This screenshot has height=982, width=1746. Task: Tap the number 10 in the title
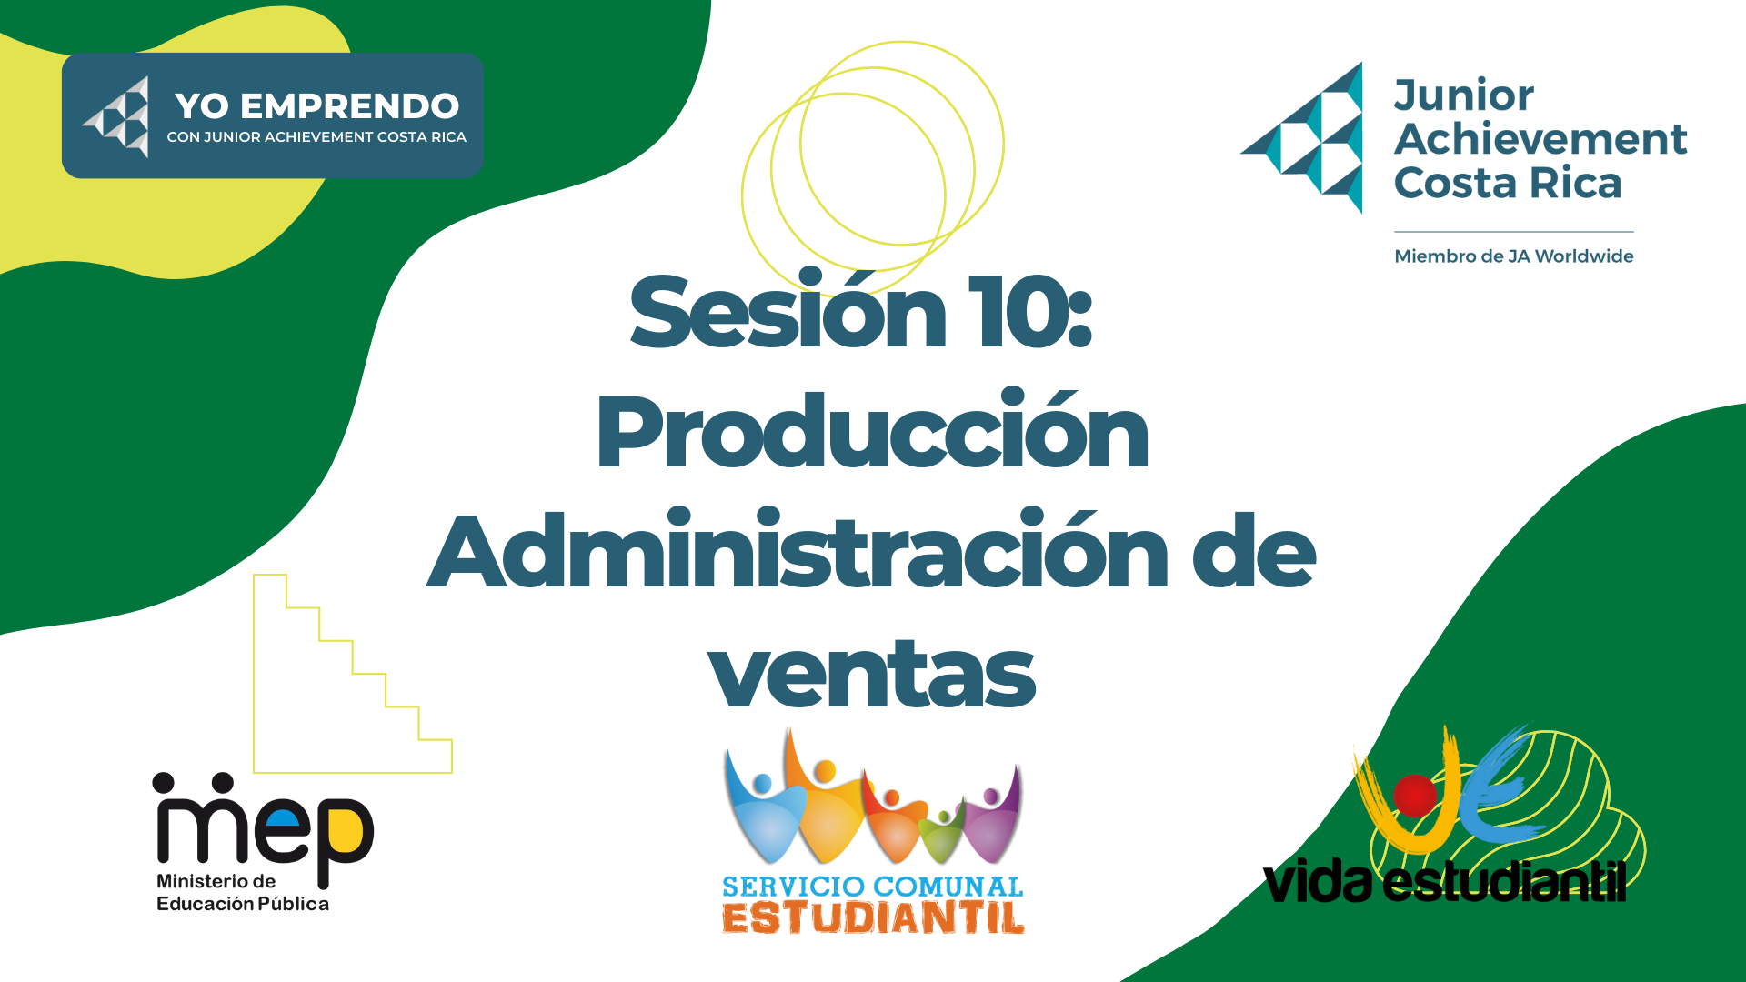[x=1018, y=311]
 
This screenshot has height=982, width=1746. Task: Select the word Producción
[x=873, y=429]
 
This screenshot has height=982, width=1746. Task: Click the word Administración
[x=798, y=550]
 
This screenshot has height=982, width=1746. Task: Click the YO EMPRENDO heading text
[x=317, y=106]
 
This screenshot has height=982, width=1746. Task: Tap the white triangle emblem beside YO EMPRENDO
[x=116, y=117]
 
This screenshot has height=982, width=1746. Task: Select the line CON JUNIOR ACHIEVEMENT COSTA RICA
[x=316, y=137]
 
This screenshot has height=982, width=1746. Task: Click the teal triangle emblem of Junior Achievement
[x=1303, y=138]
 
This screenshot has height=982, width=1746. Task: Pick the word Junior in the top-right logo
[x=1464, y=96]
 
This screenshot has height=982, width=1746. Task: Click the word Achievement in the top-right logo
[x=1540, y=139]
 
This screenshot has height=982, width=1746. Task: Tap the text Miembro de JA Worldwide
[x=1514, y=256]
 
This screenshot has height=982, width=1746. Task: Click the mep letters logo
[x=264, y=829]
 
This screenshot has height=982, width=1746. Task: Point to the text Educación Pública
[x=243, y=904]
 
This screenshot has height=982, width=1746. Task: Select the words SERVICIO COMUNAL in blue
[x=873, y=887]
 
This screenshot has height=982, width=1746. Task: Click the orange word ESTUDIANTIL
[x=873, y=917]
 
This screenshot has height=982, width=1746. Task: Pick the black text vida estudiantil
[x=1444, y=880]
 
